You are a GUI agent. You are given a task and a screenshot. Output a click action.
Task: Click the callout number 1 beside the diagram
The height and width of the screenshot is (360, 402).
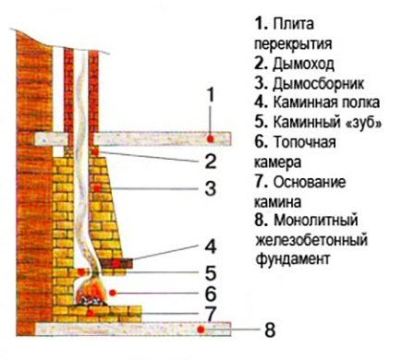[212, 94]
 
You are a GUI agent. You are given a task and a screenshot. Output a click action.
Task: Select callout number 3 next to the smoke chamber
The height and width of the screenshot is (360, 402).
[212, 190]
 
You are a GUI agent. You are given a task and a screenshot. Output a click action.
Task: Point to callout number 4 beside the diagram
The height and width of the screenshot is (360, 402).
[212, 246]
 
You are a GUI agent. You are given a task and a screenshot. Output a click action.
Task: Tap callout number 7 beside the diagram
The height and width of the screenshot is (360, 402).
[212, 314]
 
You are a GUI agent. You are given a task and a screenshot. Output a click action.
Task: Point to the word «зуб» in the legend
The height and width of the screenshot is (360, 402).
[360, 125]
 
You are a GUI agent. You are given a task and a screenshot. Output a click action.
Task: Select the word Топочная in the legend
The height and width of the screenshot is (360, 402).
[300, 145]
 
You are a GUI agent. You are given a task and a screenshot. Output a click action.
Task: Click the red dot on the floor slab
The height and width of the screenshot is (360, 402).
[211, 139]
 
